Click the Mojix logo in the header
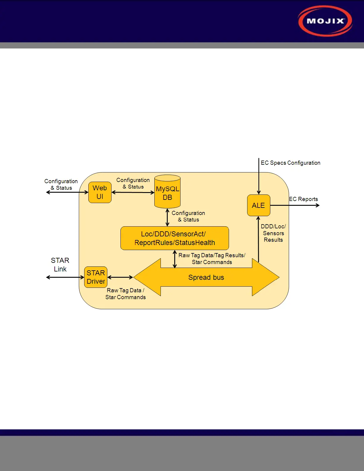coord(325,21)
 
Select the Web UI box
coord(100,192)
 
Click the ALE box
coord(258,205)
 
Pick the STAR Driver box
coord(96,277)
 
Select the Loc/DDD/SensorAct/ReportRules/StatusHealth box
coord(175,238)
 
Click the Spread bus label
coord(206,277)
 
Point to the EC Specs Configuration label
coord(291,163)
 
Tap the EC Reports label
coord(303,199)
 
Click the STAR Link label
coord(60,265)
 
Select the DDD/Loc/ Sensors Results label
coord(273,233)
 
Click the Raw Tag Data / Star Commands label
coord(125,294)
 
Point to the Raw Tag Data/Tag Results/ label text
coord(212,255)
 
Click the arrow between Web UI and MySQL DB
coord(133,192)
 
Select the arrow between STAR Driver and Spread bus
coord(120,277)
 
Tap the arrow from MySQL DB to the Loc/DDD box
coord(167,217)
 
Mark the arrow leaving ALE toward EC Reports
coord(294,205)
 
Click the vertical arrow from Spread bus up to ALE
coord(258,239)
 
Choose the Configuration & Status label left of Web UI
coord(61,184)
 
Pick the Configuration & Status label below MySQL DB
coord(188,216)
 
